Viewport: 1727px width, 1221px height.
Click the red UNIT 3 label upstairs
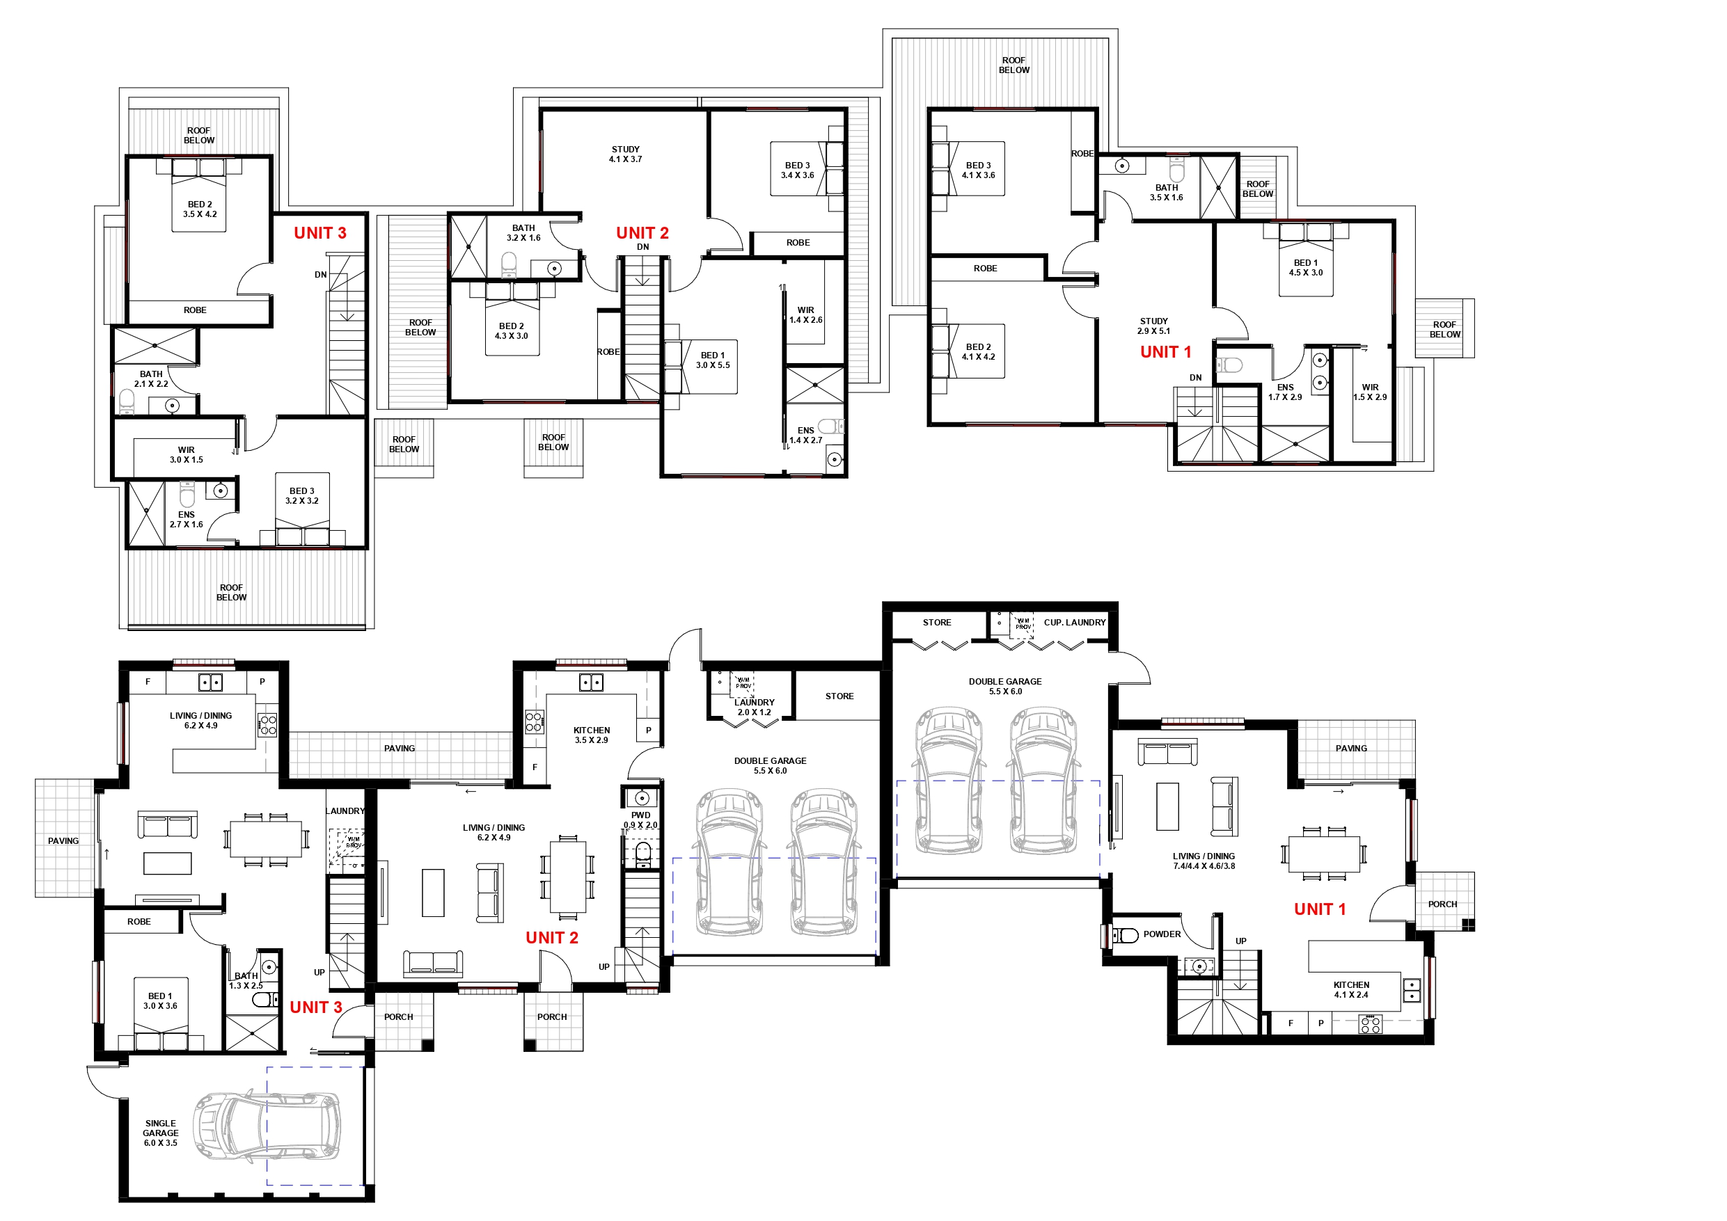pos(320,233)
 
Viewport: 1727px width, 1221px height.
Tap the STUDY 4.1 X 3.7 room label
pos(625,154)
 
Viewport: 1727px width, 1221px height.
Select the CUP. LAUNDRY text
pos(1074,623)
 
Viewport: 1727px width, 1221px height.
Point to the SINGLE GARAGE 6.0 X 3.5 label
pos(160,1133)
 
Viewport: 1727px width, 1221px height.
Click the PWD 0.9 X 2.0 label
pos(640,820)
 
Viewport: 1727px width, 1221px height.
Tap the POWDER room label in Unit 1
pos(1161,934)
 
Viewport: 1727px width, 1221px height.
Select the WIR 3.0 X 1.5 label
pos(186,455)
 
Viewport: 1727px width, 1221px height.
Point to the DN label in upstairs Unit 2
pos(642,246)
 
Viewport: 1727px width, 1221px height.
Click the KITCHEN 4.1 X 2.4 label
pos(1351,989)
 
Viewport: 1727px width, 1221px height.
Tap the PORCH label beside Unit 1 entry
pos(1442,904)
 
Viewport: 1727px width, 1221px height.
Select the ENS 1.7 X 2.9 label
pos(1285,392)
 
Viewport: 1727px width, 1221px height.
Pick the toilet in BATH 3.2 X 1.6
pos(510,264)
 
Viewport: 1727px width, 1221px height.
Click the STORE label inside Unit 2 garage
pos(839,696)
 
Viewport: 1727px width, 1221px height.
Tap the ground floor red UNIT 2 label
pos(551,938)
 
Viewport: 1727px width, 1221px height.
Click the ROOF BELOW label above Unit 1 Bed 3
pos(1014,65)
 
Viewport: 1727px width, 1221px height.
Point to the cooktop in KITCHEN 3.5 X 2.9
pos(534,723)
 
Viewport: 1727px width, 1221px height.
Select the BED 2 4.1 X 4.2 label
pos(978,352)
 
